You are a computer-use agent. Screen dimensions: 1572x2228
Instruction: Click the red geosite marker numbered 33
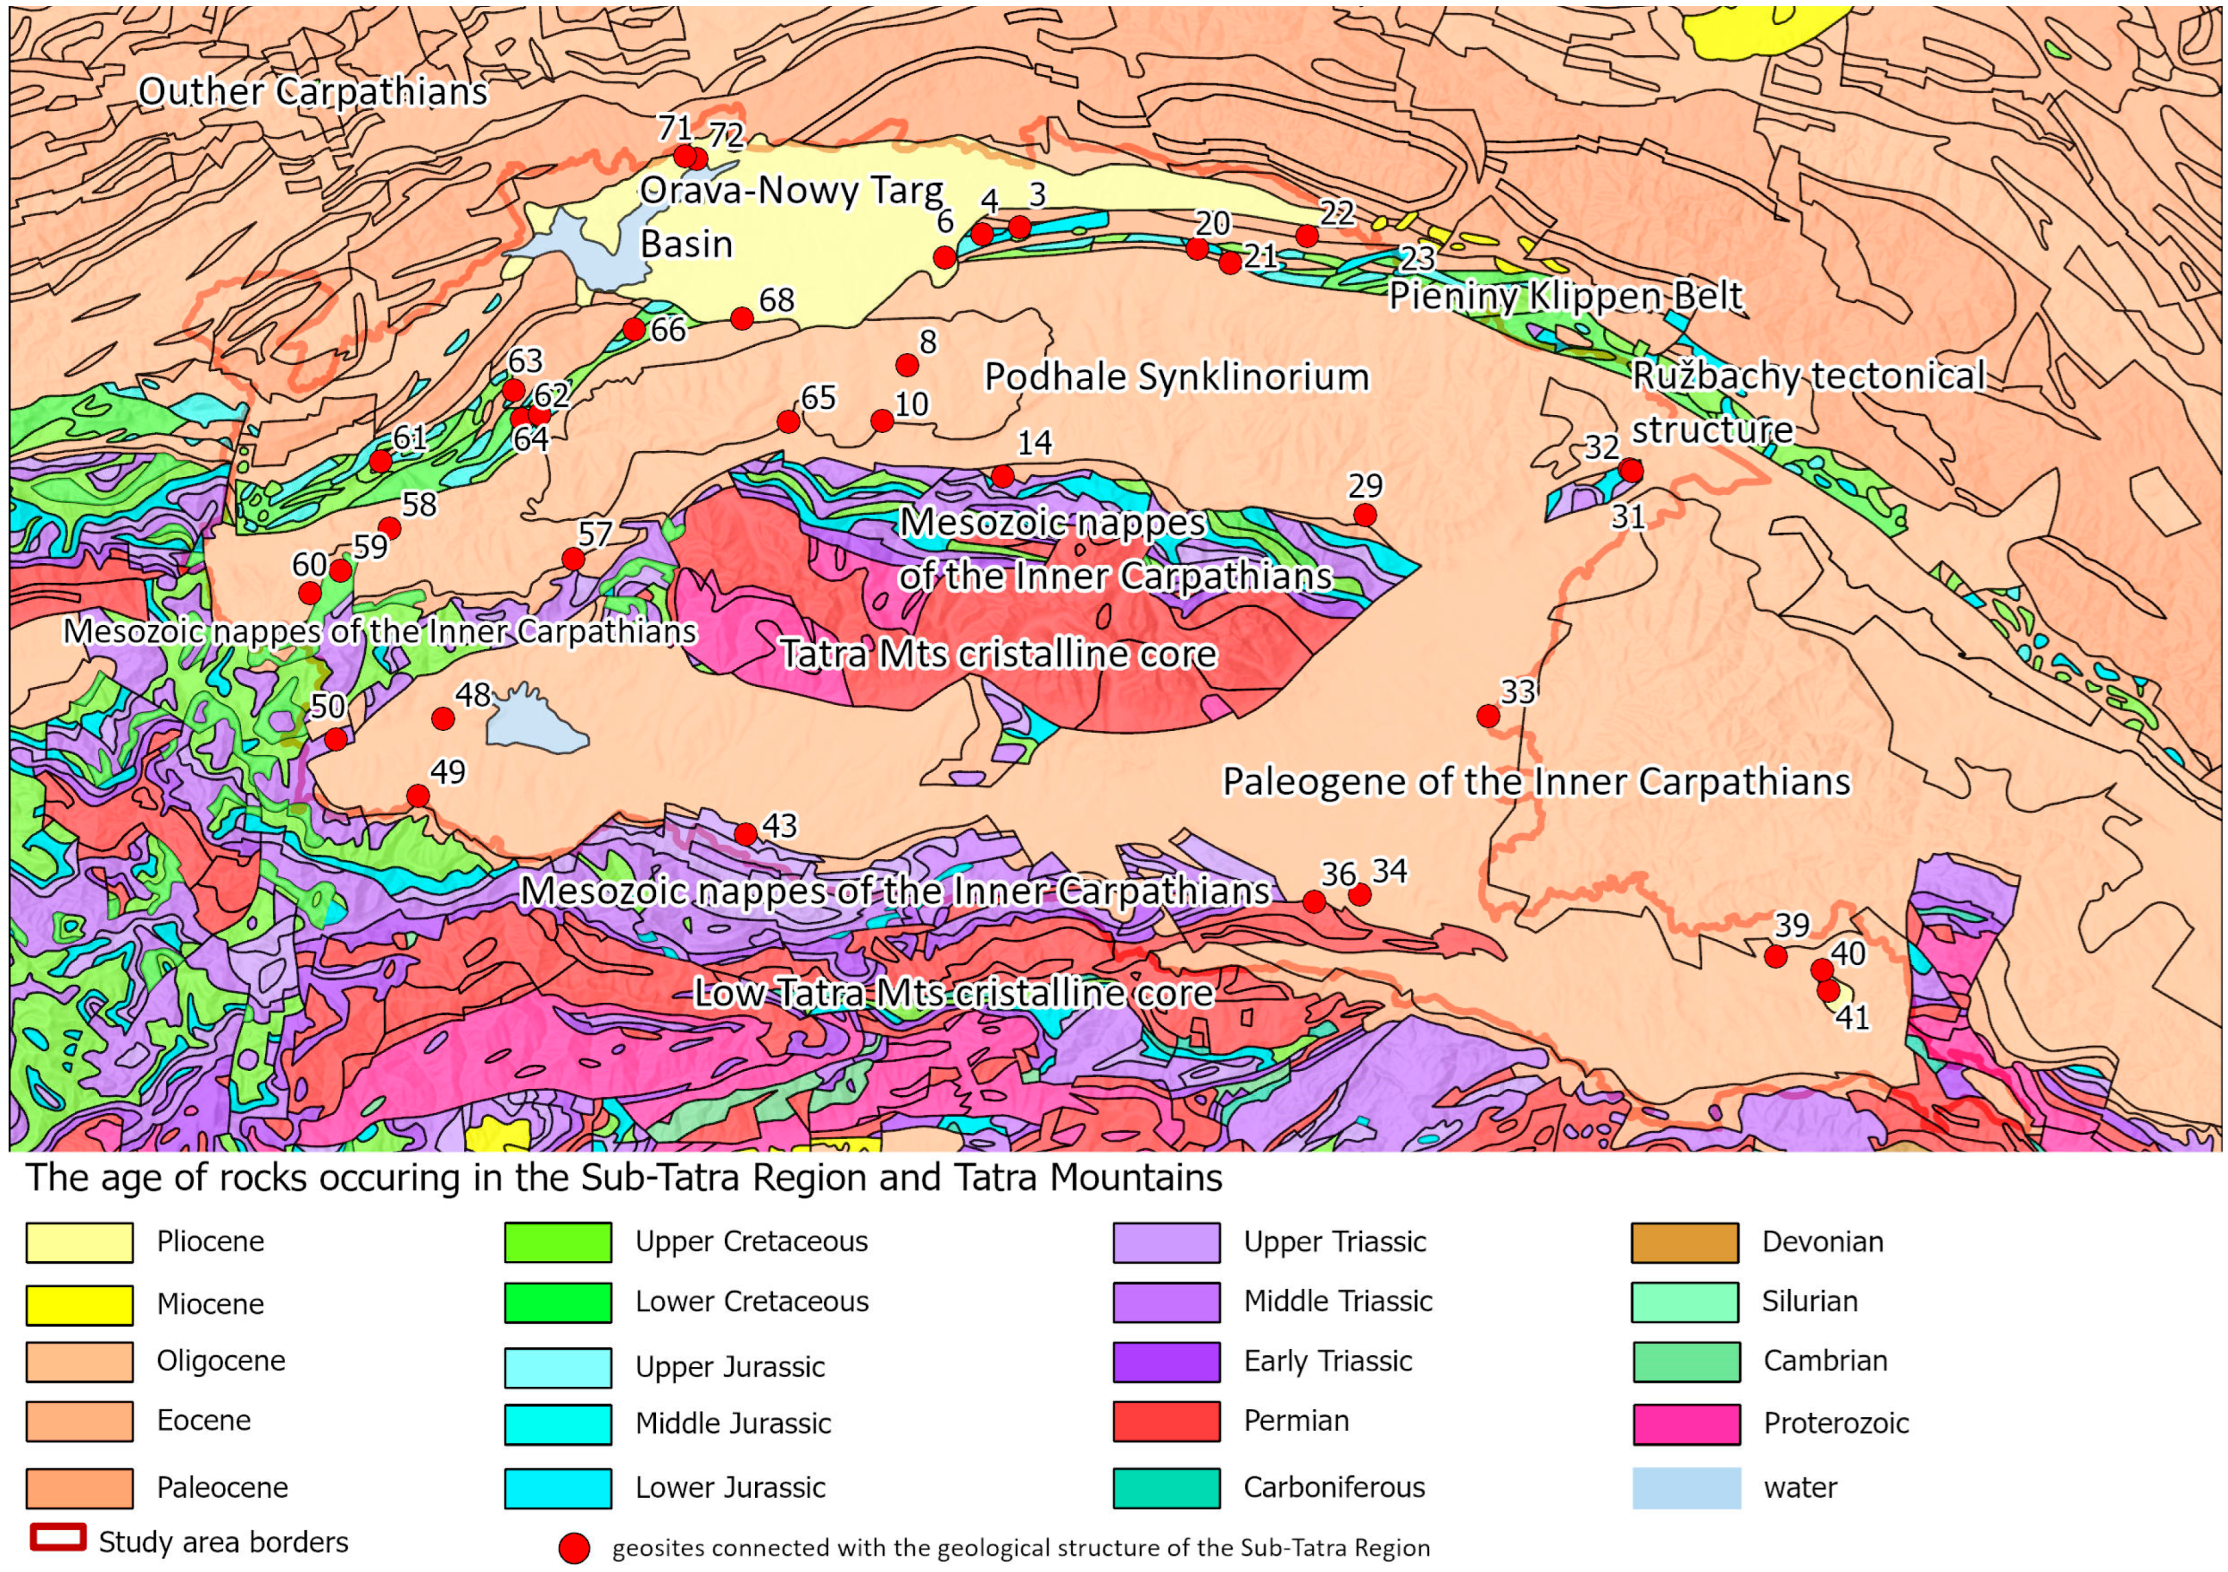click(x=1487, y=716)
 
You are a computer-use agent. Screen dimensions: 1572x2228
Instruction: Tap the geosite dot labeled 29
click(x=1364, y=514)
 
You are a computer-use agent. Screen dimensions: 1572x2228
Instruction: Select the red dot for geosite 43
click(x=745, y=833)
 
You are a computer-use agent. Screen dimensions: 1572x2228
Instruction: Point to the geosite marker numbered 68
click(x=741, y=318)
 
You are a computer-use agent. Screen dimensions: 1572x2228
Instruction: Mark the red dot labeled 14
click(x=1002, y=476)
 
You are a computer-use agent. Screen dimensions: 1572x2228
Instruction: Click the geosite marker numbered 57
click(x=573, y=559)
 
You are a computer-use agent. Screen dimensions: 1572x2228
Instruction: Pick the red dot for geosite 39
click(x=1775, y=956)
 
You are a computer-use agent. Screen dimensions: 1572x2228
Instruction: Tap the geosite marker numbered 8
click(x=906, y=365)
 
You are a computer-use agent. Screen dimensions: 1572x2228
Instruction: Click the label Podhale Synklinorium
click(x=1176, y=376)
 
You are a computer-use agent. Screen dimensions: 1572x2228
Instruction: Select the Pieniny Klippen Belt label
click(x=1565, y=296)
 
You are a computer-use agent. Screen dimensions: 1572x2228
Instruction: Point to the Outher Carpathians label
click(x=312, y=92)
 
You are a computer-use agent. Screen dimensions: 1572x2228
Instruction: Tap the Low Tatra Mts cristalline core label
click(x=954, y=992)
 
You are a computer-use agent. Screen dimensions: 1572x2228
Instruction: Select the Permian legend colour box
click(x=1167, y=1421)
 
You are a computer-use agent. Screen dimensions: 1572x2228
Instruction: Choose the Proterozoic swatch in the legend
click(x=1686, y=1423)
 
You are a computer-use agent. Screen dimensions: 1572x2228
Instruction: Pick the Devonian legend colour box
click(x=1686, y=1243)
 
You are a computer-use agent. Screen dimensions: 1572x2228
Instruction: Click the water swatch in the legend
click(x=1686, y=1487)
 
